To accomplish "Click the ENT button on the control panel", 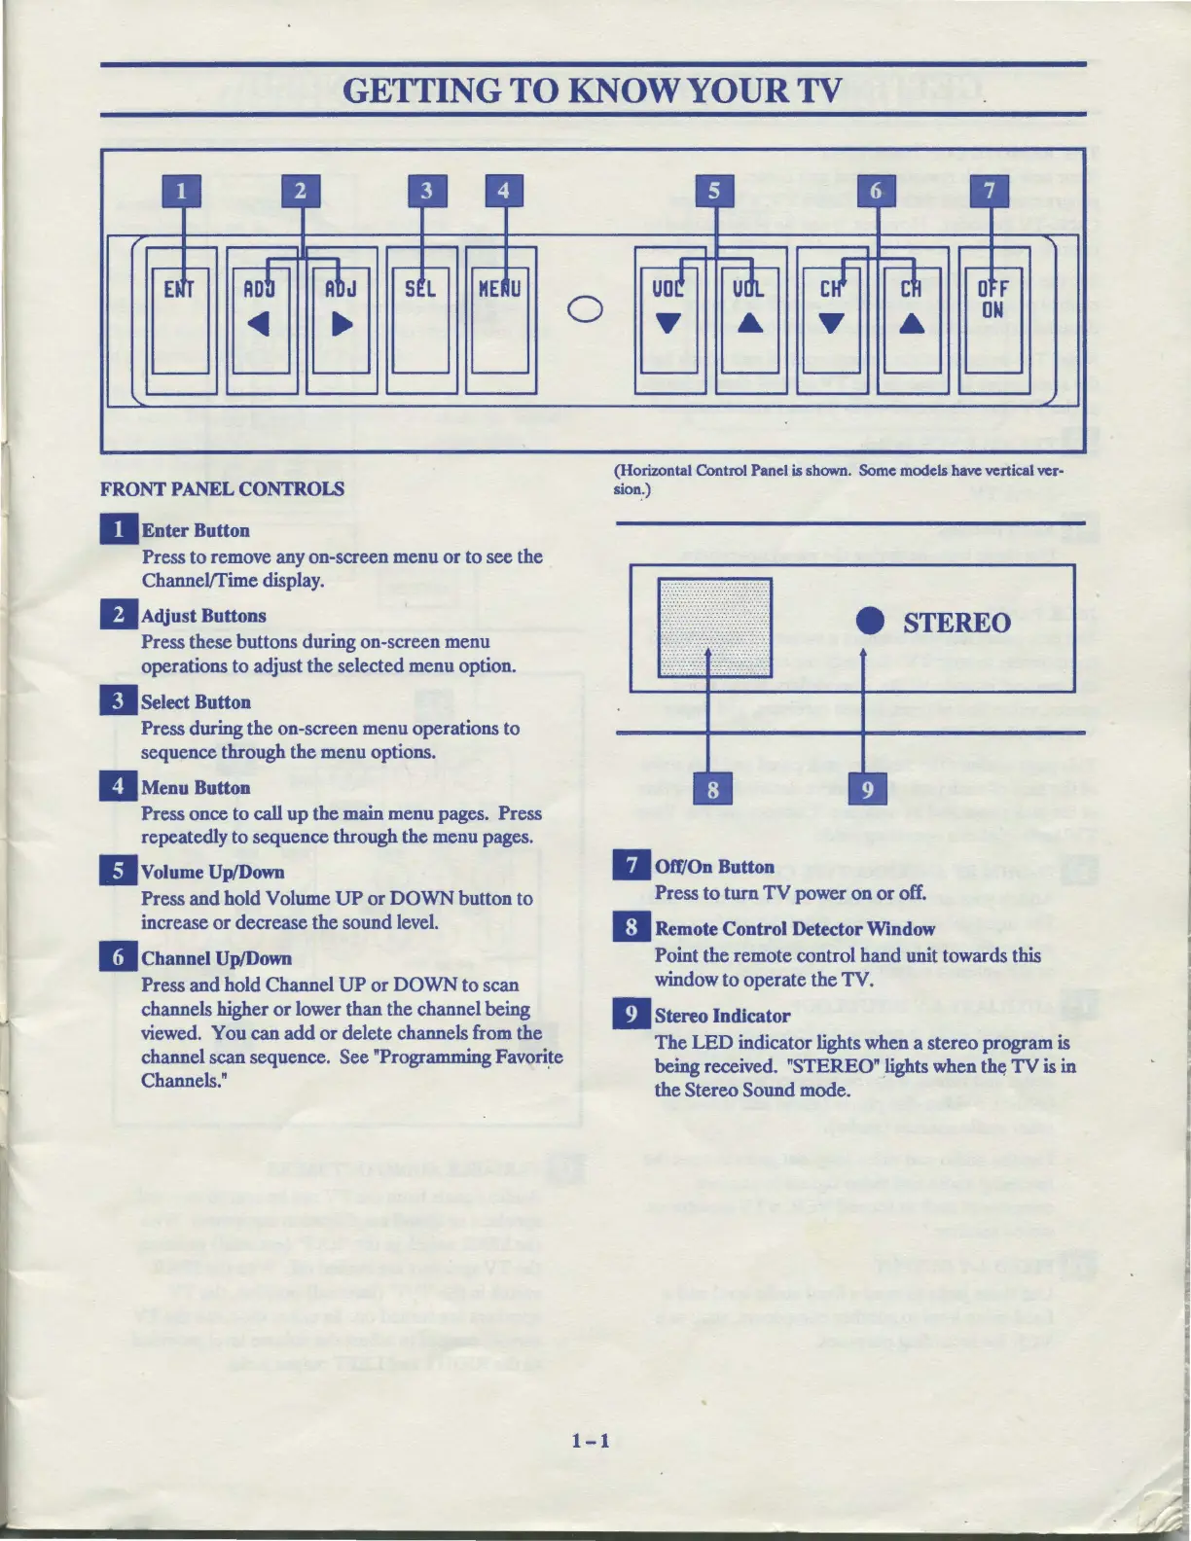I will pyautogui.click(x=181, y=321).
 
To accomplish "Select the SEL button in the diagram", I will pyautogui.click(x=420, y=321).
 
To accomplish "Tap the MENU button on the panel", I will pyautogui.click(x=500, y=321).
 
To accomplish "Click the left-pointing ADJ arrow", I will pyautogui.click(x=258, y=324).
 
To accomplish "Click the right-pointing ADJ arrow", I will pyautogui.click(x=342, y=324).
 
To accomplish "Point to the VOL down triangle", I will pyautogui.click(x=668, y=323).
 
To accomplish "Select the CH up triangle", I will pyautogui.click(x=911, y=323).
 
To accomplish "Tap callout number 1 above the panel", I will pyautogui.click(x=181, y=191).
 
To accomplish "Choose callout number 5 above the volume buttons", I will pyautogui.click(x=714, y=191).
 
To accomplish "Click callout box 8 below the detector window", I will pyautogui.click(x=713, y=788).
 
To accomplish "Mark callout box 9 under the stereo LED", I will pyautogui.click(x=868, y=788).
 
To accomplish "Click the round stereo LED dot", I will pyautogui.click(x=870, y=622).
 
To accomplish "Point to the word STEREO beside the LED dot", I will pyautogui.click(x=956, y=623).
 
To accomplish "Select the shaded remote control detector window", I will pyautogui.click(x=715, y=627).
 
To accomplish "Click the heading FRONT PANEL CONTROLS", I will pyautogui.click(x=222, y=488).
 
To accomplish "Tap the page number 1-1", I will pyautogui.click(x=592, y=1440).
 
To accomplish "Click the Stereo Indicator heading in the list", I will pyautogui.click(x=722, y=1016).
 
